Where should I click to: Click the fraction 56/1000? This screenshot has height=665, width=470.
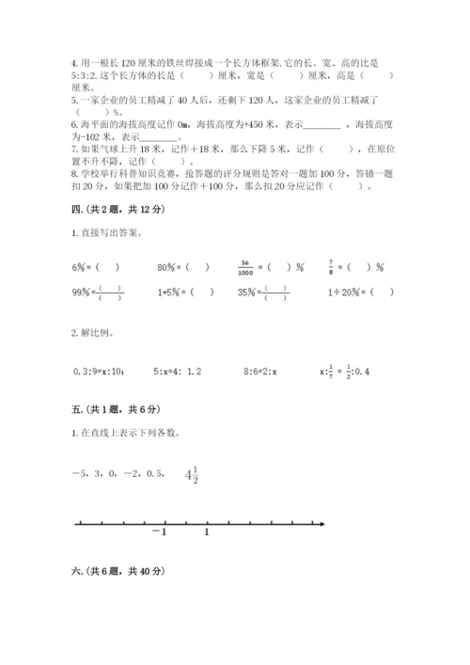244,266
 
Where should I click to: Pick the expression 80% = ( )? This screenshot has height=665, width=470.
183,267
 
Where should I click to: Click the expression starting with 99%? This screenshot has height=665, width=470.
98,293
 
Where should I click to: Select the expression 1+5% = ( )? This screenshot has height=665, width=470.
184,293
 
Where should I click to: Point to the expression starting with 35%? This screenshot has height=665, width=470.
263,293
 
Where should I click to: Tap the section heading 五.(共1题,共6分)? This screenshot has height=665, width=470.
116,409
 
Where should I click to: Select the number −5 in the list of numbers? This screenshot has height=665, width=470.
81,476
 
